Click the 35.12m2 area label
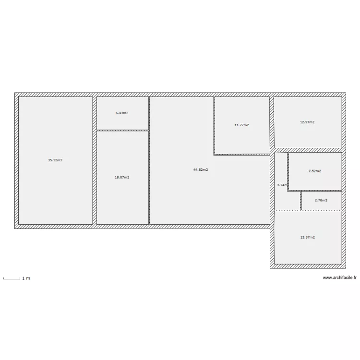click(55, 160)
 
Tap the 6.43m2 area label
click(122, 113)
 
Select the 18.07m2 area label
click(122, 177)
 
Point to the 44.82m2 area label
click(201, 169)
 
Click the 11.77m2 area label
click(241, 125)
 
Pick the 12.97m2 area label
click(307, 122)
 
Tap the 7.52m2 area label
click(314, 171)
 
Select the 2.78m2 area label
click(321, 200)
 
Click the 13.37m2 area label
click(307, 237)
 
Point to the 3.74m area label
click(282, 185)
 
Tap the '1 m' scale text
click(26, 278)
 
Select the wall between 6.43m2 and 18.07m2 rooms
click(122, 130)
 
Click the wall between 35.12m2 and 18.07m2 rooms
click(95, 161)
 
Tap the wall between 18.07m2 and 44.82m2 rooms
click(149, 177)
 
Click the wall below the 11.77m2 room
click(242, 155)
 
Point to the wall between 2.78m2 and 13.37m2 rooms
click(321, 210)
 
